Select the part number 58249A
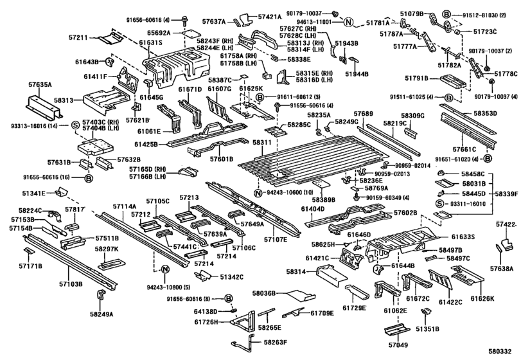click(101, 314)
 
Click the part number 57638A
click(504, 269)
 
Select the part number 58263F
click(276, 343)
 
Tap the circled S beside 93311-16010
click(441, 203)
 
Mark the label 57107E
click(275, 239)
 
